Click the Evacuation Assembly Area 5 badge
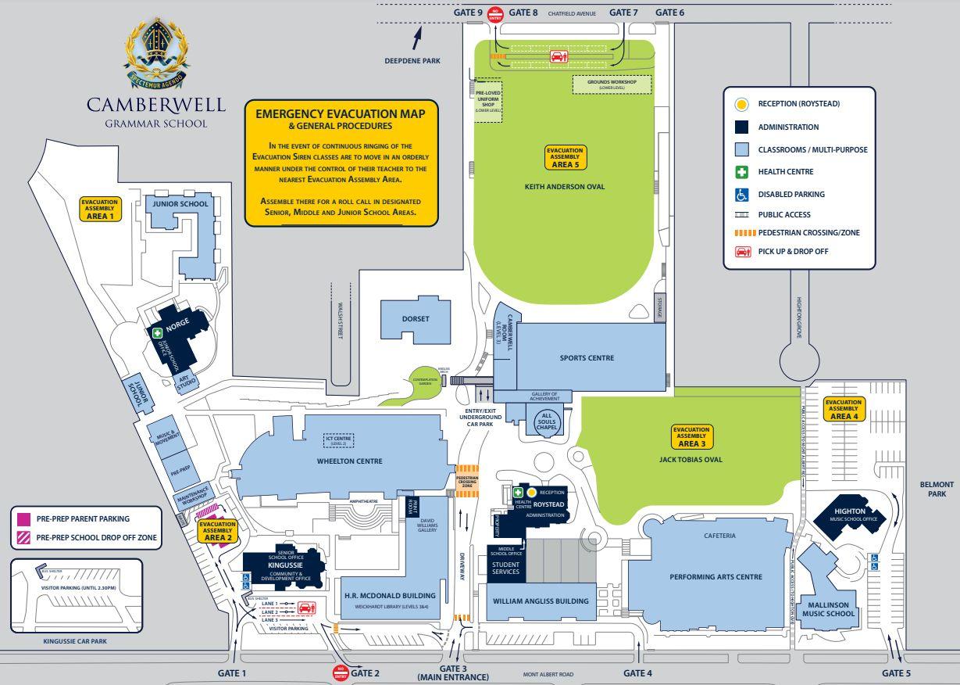(565, 158)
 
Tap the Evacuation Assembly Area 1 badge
(99, 209)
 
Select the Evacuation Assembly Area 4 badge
(843, 409)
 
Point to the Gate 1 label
(232, 673)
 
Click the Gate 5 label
(896, 673)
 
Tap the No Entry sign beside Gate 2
(340, 672)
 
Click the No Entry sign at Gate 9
(494, 13)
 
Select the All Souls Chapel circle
(547, 421)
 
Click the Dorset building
(415, 319)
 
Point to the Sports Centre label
(587, 358)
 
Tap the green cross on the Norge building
(157, 333)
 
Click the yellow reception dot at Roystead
(531, 492)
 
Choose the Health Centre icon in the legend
(741, 172)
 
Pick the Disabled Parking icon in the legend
(741, 195)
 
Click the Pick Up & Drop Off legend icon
(741, 252)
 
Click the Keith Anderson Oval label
(565, 187)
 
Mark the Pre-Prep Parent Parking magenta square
(23, 518)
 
